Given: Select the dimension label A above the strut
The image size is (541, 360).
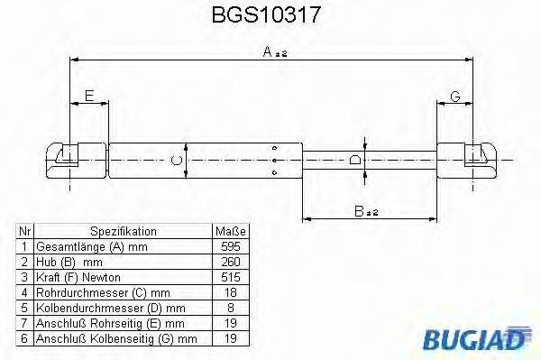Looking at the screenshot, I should point(269,52).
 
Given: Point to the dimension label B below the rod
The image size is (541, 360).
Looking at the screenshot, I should point(362,211).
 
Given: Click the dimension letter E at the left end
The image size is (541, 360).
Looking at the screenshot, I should point(88,97).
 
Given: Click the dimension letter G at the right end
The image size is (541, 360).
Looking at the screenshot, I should point(455,97).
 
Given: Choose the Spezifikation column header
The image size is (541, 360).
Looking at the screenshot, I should point(124,231).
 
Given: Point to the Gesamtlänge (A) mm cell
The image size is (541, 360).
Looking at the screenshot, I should point(90,246).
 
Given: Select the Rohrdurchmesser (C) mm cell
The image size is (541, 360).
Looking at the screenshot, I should point(99,292).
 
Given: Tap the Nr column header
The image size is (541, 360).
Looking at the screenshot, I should point(26,231).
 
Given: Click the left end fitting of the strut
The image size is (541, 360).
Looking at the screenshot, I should point(69,161).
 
